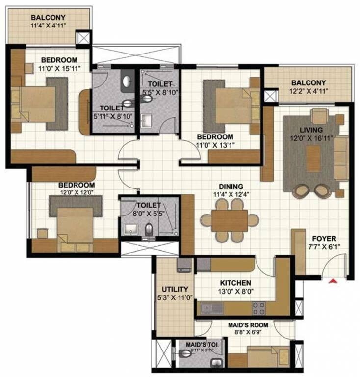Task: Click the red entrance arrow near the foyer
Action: pos(334,281)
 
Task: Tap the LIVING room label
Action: pos(312,130)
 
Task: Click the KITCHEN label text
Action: pos(235,283)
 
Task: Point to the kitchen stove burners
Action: pos(259,308)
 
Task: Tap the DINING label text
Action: pos(231,187)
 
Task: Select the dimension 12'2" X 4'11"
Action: pos(309,91)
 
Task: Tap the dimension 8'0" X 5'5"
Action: pos(148,214)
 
